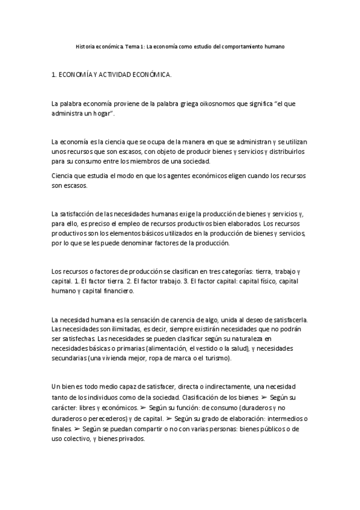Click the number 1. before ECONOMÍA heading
pos(55,75)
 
